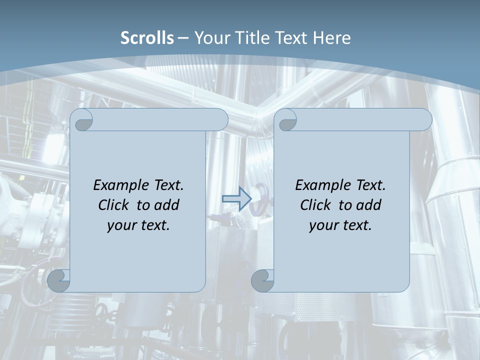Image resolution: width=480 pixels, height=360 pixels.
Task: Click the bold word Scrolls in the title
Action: [147, 37]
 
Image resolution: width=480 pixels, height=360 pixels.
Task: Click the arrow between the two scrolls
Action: [236, 199]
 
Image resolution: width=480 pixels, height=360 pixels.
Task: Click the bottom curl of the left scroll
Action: [59, 280]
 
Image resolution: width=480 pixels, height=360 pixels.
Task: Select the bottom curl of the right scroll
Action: [262, 280]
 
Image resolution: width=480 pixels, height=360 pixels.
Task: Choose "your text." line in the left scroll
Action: [138, 225]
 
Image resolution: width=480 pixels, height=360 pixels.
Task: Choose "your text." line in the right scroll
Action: [340, 225]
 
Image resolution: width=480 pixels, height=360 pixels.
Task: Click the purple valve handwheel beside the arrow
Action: [260, 198]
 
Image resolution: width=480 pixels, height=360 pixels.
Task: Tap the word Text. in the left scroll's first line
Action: [168, 185]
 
